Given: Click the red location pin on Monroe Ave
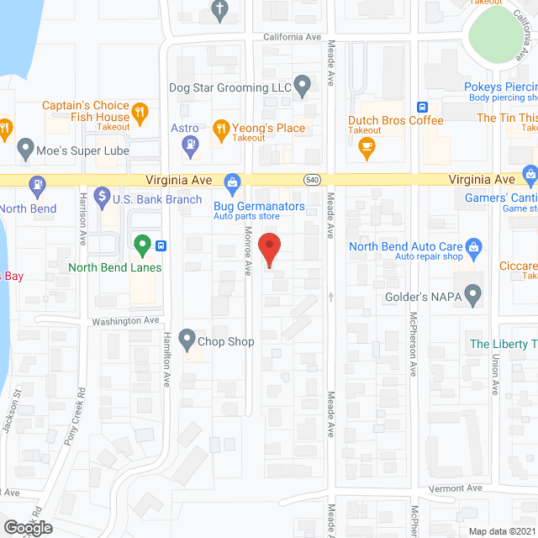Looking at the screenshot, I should coord(269,250).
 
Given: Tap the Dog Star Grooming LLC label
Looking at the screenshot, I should coord(229,87).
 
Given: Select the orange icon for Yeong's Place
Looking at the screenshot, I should coord(221,129).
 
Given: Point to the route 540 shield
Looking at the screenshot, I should coord(312,180).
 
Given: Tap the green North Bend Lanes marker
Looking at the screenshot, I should coord(142,245).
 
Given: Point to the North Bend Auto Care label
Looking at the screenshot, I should coord(406,245).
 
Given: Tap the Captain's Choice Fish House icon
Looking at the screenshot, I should coord(141,110).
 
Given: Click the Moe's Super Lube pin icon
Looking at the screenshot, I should coord(24,152).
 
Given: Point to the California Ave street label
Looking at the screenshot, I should coord(293,38).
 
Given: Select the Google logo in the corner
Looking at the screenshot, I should coord(26,528).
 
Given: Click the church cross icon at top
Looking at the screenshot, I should coord(220,10).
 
